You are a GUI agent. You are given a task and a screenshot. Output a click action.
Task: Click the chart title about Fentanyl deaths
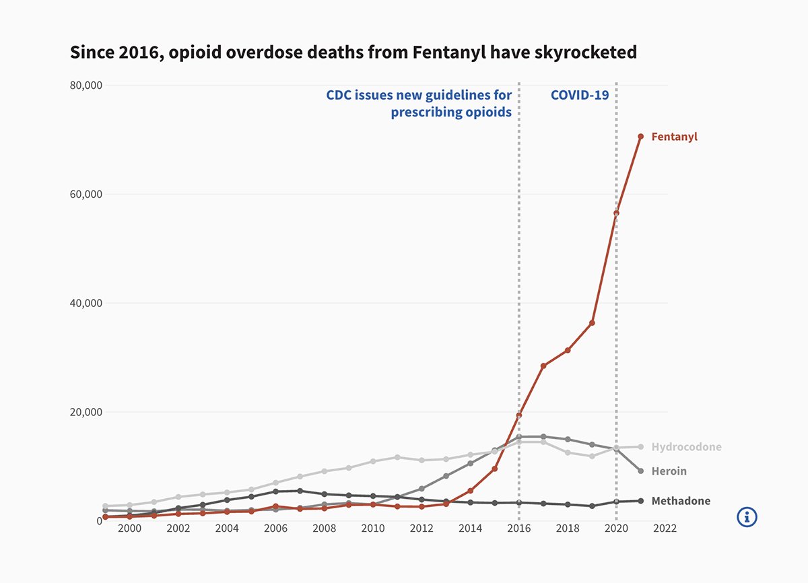click(x=353, y=53)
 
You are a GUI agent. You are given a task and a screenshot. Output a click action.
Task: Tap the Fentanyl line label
click(x=674, y=137)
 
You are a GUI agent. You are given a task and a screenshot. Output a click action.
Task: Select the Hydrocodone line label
click(x=686, y=447)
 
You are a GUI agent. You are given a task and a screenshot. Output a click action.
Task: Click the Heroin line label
click(x=669, y=471)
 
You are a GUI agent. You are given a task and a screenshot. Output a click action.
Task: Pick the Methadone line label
click(x=680, y=501)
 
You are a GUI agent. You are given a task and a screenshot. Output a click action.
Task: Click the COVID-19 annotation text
click(x=579, y=95)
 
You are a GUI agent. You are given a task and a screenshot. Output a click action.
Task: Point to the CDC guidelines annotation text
click(x=419, y=104)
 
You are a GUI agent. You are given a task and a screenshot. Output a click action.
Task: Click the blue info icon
click(x=747, y=517)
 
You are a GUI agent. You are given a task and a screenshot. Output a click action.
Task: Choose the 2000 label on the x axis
click(x=129, y=529)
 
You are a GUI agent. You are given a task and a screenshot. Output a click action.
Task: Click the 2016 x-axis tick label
click(x=518, y=529)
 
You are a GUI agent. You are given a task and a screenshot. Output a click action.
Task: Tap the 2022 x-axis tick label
click(x=665, y=529)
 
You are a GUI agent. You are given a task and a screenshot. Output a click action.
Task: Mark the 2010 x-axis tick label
click(x=373, y=529)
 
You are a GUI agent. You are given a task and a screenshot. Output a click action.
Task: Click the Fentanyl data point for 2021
click(x=640, y=137)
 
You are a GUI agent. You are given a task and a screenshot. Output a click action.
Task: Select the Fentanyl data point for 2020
click(x=616, y=213)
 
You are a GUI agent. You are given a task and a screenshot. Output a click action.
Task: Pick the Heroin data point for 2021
click(x=640, y=471)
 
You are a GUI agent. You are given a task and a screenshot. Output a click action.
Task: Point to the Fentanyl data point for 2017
click(x=543, y=366)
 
